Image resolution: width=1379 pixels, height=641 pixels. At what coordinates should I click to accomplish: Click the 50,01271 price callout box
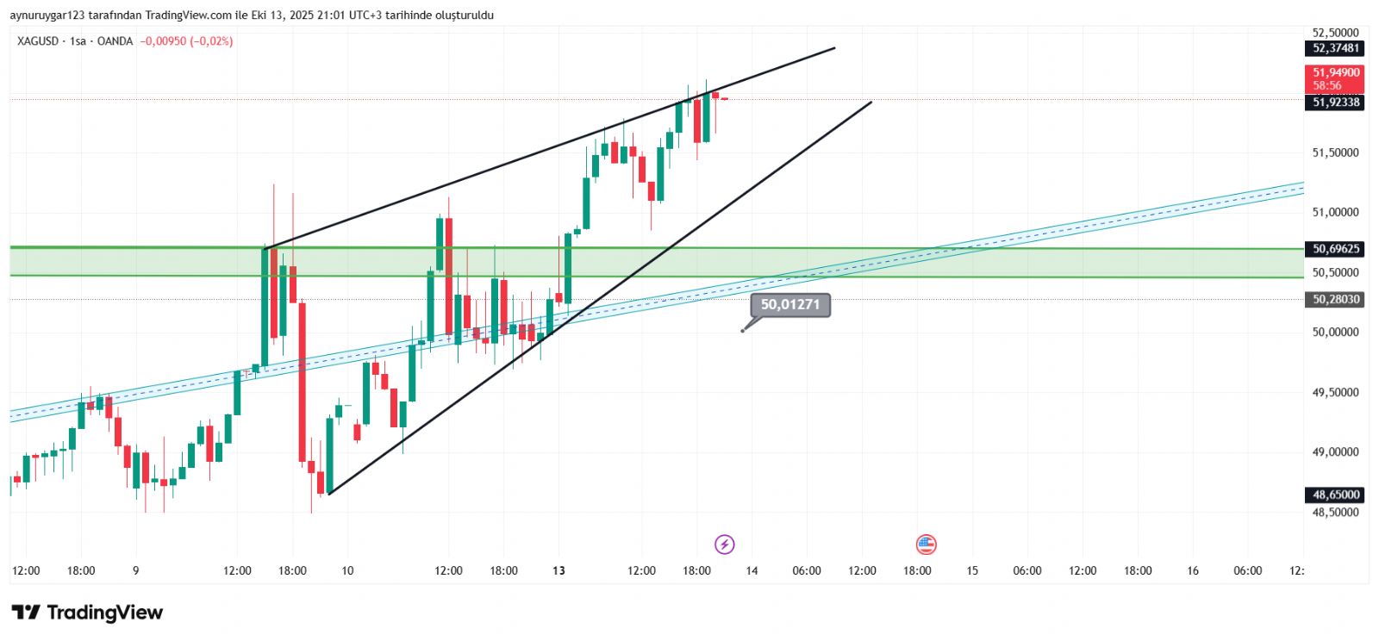pos(790,305)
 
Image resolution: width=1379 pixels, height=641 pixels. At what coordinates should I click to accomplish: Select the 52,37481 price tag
pos(1336,48)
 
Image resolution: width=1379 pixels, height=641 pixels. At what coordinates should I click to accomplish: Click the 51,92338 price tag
pos(1336,103)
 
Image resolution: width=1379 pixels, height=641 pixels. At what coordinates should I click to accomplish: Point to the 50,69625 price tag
pos(1336,249)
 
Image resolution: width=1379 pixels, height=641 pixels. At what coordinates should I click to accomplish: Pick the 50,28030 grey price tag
pos(1336,300)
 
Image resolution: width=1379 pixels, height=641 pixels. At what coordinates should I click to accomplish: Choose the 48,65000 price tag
pos(1336,495)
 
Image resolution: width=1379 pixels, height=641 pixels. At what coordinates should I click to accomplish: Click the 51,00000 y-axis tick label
pos(1335,213)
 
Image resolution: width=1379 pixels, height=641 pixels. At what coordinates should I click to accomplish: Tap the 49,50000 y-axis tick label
pos(1335,393)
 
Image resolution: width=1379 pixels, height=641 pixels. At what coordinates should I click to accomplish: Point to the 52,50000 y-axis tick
pos(1335,33)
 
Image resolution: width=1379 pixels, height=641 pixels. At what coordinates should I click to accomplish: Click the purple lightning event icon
pos(725,545)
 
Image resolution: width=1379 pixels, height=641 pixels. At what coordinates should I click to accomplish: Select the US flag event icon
pos(926,545)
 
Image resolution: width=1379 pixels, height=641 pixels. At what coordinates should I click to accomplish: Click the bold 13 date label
pos(559,570)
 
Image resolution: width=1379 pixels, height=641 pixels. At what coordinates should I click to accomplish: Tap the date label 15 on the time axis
pos(972,570)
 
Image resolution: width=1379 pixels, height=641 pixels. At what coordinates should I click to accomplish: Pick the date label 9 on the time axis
pos(135,570)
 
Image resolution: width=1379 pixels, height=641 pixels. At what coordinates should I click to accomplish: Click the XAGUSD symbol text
pos(38,41)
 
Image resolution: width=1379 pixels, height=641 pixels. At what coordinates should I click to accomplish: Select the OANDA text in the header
pos(115,41)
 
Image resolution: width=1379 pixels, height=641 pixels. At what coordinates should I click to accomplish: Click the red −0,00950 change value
pos(163,41)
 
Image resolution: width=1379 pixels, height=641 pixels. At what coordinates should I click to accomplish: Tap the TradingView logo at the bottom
pos(87,613)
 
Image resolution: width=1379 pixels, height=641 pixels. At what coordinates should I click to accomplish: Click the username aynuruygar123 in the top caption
pos(48,16)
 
